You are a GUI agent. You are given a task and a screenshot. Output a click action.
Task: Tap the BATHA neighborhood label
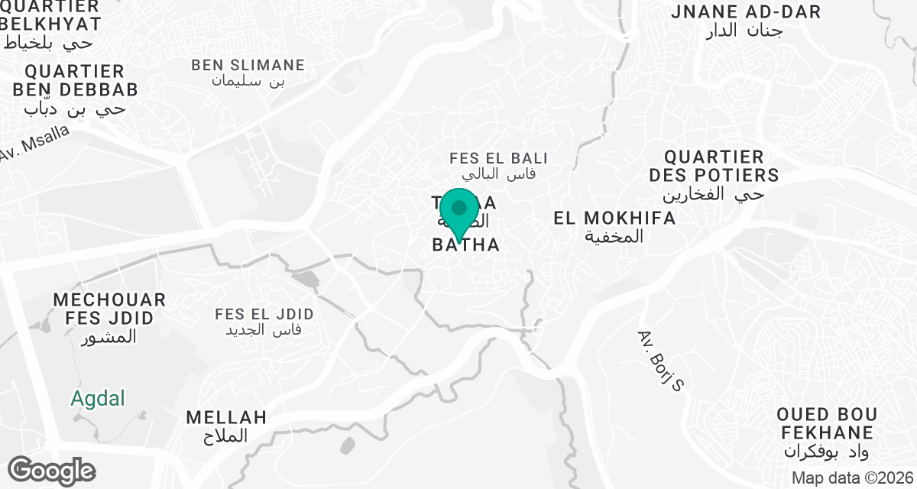pyautogui.click(x=466, y=245)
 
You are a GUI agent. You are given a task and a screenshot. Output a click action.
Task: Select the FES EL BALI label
pyautogui.click(x=498, y=159)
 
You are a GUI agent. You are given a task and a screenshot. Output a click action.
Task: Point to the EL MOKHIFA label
pyautogui.click(x=614, y=219)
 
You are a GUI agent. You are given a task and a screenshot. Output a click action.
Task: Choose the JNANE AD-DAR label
pyautogui.click(x=745, y=12)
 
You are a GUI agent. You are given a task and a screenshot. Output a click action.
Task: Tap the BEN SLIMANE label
pyautogui.click(x=248, y=65)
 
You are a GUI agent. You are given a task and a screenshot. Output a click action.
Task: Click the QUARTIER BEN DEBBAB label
pyautogui.click(x=74, y=81)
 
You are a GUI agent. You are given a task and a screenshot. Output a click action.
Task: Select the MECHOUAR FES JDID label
pyautogui.click(x=109, y=309)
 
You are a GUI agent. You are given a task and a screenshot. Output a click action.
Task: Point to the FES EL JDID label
pyautogui.click(x=264, y=314)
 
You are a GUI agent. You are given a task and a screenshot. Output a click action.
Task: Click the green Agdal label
pyautogui.click(x=97, y=398)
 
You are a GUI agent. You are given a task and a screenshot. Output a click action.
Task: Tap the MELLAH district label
pyautogui.click(x=227, y=417)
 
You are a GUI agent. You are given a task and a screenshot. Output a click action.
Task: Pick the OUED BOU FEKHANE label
pyautogui.click(x=826, y=423)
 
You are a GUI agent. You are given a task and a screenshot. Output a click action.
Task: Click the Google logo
pyautogui.click(x=51, y=470)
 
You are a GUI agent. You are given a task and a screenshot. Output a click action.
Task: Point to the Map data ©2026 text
pyautogui.click(x=851, y=478)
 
